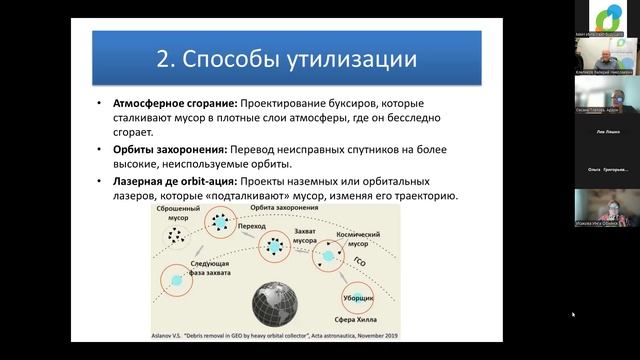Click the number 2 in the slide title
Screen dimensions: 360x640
(x=166, y=58)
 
